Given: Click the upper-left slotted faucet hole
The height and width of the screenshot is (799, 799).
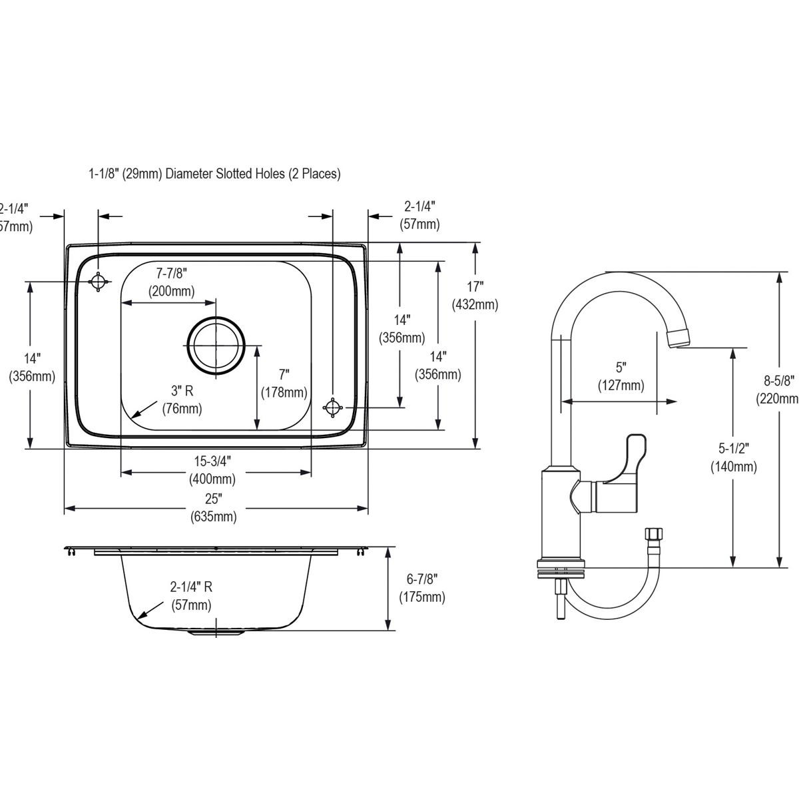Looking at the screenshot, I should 99,282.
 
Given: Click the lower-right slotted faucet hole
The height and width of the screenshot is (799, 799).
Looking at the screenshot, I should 332,407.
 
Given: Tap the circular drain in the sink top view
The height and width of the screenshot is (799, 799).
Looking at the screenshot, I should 216,345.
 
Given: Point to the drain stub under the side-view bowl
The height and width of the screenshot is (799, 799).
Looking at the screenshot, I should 216,633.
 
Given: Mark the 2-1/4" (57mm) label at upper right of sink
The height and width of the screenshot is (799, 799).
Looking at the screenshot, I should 419,215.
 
